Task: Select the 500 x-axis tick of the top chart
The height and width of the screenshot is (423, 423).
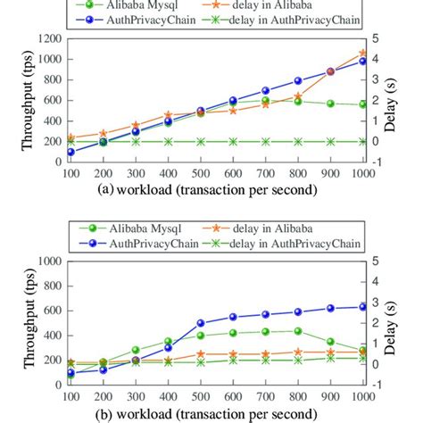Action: tap(201, 171)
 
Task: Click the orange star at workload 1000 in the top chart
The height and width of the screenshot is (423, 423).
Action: tap(362, 54)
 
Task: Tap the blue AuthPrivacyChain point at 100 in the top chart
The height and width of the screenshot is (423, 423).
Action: tap(70, 152)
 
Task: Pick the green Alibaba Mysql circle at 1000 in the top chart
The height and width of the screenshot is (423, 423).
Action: tap(362, 104)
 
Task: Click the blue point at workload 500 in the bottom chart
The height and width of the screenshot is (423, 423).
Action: tap(201, 323)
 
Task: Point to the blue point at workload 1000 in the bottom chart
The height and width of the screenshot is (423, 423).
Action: tap(362, 306)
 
